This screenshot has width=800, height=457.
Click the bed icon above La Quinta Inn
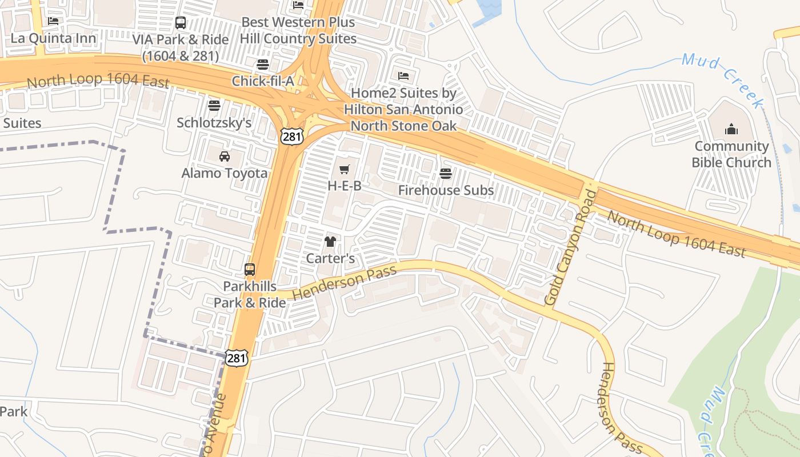(53, 21)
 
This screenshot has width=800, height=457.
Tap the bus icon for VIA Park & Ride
(181, 23)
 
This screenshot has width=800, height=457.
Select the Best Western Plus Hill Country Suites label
(298, 31)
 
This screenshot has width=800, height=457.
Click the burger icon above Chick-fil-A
(263, 64)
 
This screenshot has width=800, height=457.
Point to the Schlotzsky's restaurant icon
(214, 106)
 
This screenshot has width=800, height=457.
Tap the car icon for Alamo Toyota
(225, 156)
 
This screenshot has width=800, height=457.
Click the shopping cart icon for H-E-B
(344, 169)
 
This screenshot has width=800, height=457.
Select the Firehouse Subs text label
(446, 190)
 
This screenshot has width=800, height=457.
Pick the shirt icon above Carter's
(330, 242)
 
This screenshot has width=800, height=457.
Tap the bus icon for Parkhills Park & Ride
(250, 270)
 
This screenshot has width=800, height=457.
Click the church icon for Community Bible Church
(731, 130)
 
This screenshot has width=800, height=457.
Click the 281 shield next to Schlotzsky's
(291, 136)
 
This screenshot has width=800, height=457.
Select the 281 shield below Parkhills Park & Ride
(237, 358)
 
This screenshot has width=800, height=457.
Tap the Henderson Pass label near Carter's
(344, 283)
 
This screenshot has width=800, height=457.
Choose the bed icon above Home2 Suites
(403, 76)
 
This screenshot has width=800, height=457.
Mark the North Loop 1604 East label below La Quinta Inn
(98, 81)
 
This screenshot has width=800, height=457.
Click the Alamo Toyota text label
(225, 173)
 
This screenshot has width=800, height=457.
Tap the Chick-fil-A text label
(263, 81)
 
